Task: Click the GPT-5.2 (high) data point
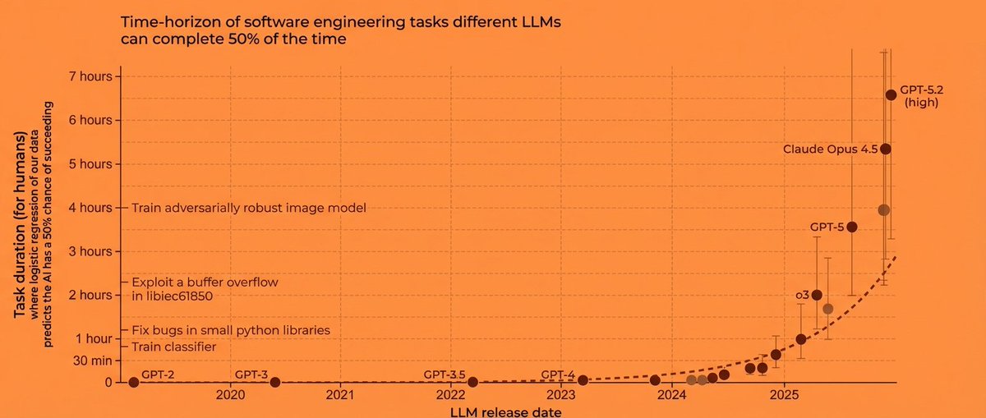click(890, 95)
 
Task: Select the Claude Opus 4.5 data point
click(885, 149)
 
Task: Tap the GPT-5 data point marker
click(852, 227)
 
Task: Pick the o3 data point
click(817, 295)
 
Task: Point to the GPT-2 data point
click(134, 382)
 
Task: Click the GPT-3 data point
click(275, 382)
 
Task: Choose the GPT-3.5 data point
click(472, 382)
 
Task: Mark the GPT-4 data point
click(583, 380)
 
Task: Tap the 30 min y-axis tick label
click(92, 361)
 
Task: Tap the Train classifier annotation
click(173, 347)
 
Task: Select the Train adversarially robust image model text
click(248, 208)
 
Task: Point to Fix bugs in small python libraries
click(230, 330)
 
